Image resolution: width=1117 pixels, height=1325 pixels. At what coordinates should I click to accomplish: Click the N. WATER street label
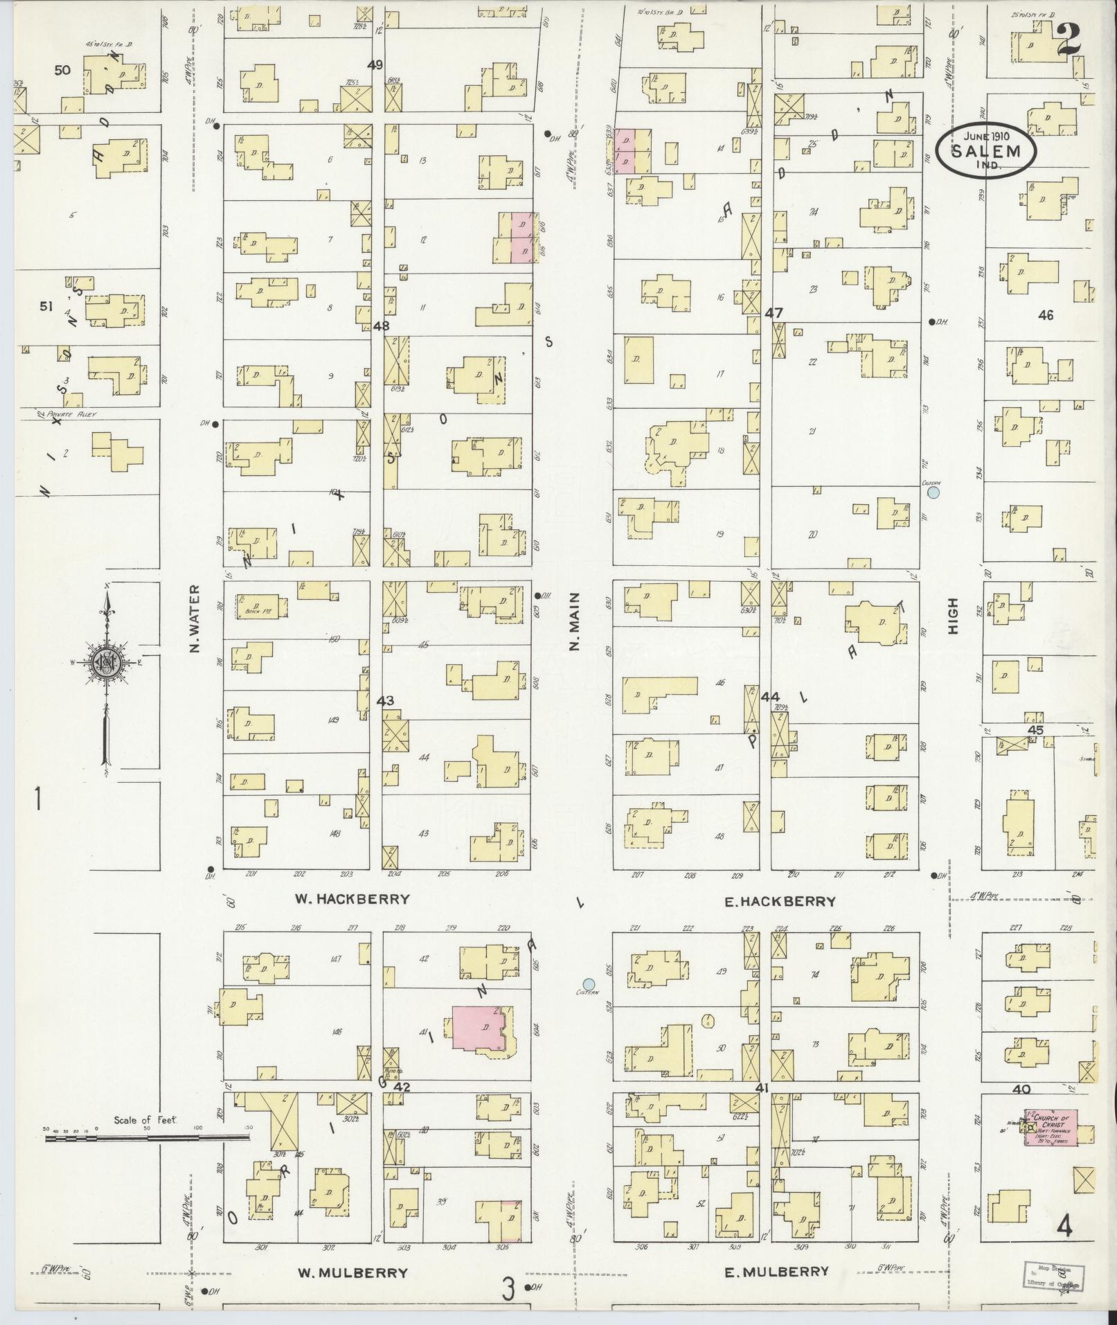tap(194, 619)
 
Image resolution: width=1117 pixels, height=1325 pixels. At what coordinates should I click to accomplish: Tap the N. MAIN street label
tap(574, 621)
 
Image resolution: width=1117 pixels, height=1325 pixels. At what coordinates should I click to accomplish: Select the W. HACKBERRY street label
tap(352, 899)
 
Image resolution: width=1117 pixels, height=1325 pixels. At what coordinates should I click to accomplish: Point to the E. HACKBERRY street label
tap(779, 901)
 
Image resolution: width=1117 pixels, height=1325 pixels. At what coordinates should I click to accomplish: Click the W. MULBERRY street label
tap(352, 1272)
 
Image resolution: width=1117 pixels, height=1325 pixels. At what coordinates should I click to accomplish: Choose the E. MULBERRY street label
tap(776, 1271)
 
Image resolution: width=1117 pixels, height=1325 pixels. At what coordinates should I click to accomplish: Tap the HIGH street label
tap(953, 616)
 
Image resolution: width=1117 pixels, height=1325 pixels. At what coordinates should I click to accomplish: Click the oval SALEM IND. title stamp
tap(986, 150)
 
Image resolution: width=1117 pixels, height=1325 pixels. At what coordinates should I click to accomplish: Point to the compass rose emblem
tap(106, 663)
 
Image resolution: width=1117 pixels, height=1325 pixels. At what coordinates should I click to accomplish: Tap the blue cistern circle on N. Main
tap(589, 984)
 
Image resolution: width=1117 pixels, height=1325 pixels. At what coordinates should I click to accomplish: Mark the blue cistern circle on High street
tap(933, 492)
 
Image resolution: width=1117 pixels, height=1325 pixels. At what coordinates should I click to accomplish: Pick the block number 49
tap(375, 64)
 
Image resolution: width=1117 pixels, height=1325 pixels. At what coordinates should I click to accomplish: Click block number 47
tap(773, 313)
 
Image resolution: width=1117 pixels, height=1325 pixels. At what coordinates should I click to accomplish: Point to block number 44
tap(769, 696)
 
